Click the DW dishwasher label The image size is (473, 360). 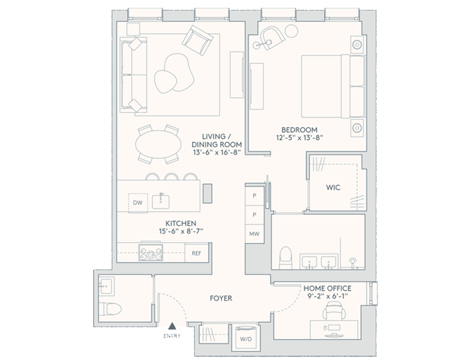tap(137, 203)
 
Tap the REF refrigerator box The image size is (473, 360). tap(196, 253)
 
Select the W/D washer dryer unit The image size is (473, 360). tap(246, 338)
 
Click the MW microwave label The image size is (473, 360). tap(254, 234)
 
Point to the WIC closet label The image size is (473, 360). tap(333, 188)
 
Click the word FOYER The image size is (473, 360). tap(221, 298)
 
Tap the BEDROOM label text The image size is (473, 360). tap(299, 130)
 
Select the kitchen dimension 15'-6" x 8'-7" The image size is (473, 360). tap(181, 231)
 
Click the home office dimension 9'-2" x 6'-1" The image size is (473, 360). tap(328, 296)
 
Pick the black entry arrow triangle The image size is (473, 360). tap(172, 326)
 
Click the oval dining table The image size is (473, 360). tap(159, 144)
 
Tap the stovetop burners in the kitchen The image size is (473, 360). tap(151, 252)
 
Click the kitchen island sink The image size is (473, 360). tap(161, 201)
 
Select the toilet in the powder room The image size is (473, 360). tap(110, 309)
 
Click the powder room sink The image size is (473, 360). tap(106, 286)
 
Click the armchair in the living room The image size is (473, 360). tap(198, 40)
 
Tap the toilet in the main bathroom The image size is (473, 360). tap(285, 258)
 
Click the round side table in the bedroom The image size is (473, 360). tap(291, 31)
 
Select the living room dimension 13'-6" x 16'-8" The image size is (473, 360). tap(217, 152)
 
